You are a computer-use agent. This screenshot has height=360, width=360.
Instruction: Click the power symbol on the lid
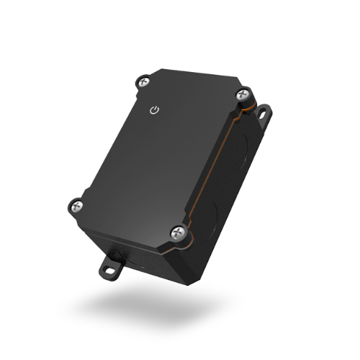pyautogui.click(x=153, y=110)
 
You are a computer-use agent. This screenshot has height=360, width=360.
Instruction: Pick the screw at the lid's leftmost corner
pyautogui.click(x=76, y=206)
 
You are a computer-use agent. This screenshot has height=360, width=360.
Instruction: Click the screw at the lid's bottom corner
pyautogui.click(x=177, y=232)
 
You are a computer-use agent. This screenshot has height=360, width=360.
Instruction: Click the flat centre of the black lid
pyautogui.click(x=162, y=155)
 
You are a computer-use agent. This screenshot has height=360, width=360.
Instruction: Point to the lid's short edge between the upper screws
pyautogui.click(x=191, y=78)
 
